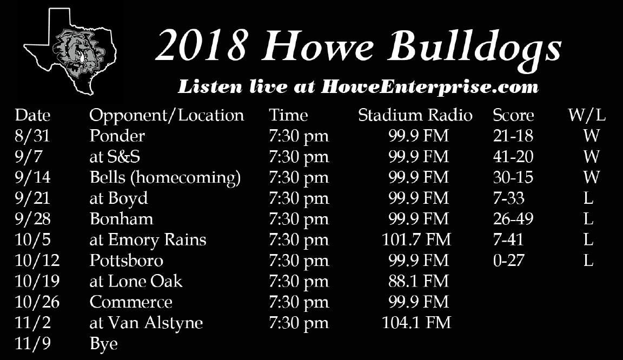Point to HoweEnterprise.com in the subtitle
point(429,86)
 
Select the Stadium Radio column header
point(415,115)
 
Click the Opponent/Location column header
point(167,116)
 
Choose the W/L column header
point(586,116)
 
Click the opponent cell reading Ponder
point(117,136)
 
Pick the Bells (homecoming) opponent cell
point(165,178)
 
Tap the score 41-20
point(513,157)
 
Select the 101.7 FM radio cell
point(416,239)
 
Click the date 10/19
point(37,281)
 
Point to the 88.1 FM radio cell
point(419,281)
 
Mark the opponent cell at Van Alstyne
point(146,323)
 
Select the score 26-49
point(513,219)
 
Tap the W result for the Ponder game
point(591,136)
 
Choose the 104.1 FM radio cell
point(416,323)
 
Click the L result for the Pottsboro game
point(588,260)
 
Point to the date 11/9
point(32,344)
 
